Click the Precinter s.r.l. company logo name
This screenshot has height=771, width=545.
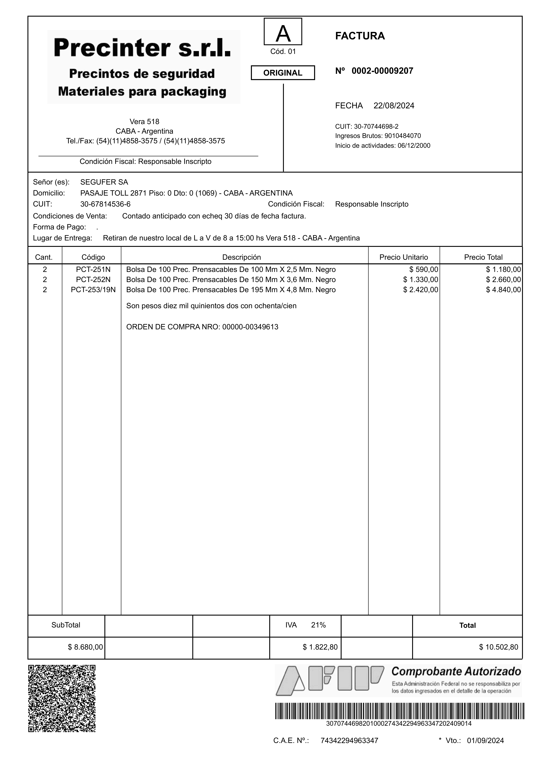[x=142, y=48]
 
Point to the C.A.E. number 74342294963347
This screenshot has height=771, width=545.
[x=349, y=741]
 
